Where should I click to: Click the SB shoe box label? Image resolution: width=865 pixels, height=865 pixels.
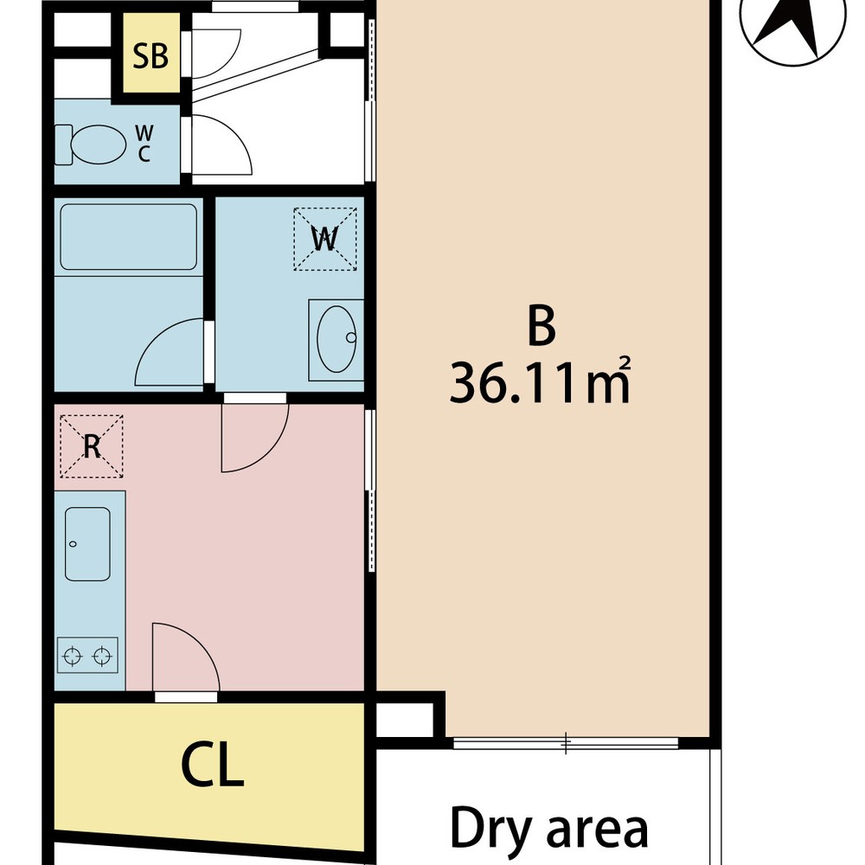(151, 55)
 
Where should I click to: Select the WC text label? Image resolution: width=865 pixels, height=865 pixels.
(144, 144)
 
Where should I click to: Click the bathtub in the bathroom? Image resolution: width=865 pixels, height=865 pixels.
(129, 237)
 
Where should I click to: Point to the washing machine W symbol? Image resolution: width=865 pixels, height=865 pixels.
(325, 239)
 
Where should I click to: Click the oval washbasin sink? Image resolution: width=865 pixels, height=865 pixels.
(337, 339)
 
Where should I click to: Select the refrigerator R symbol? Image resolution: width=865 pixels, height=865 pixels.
(92, 445)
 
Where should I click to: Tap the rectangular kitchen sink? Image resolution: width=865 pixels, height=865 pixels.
(87, 544)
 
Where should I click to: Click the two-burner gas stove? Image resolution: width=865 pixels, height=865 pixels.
(87, 656)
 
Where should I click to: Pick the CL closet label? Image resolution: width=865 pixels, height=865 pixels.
(213, 766)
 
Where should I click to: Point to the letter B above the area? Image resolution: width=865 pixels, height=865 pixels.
(541, 326)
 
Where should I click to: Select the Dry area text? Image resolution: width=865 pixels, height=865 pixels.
(549, 829)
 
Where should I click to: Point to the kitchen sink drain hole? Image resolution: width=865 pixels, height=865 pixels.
(73, 544)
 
